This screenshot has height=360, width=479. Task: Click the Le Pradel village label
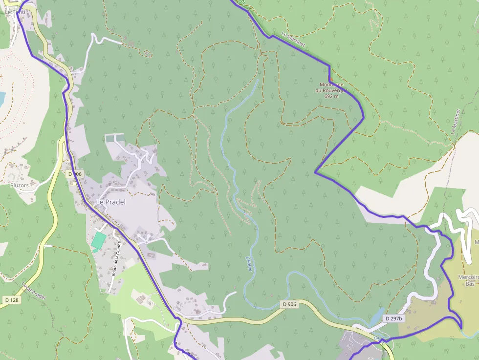[110, 202]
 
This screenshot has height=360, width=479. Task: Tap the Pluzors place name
[20, 185]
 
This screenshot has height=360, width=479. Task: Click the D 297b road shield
[393, 318]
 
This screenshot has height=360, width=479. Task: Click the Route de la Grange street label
[116, 259]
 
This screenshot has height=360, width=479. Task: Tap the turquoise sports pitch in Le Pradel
[99, 240]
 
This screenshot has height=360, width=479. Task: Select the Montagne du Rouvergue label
[331, 87]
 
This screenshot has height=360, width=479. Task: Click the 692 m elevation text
[331, 96]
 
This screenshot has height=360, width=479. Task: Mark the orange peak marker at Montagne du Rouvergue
[330, 79]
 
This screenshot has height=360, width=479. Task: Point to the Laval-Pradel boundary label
[34, 292]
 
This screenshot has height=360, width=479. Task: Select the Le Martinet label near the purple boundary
[294, 40]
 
